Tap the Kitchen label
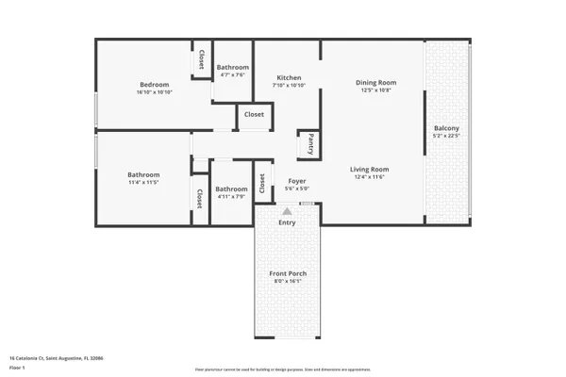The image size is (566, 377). (x=289, y=77)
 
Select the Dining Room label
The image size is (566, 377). (x=375, y=83)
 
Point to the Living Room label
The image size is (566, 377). (x=371, y=170)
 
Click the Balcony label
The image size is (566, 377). (x=446, y=128)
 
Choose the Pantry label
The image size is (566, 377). (x=310, y=144)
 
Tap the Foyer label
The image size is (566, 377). (x=296, y=181)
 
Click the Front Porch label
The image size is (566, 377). (x=289, y=273)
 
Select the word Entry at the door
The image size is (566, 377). (x=287, y=222)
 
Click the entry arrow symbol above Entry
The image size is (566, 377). (x=287, y=213)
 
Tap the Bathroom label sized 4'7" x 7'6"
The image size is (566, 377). (x=232, y=68)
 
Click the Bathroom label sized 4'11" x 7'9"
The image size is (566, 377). (x=230, y=188)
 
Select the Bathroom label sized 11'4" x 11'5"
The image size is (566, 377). (x=143, y=174)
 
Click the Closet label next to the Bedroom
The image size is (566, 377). (x=201, y=59)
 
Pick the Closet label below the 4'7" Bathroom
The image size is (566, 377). (x=254, y=114)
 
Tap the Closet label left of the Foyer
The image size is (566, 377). (x=261, y=183)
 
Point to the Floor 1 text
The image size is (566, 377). (x=17, y=367)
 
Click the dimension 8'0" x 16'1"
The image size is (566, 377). (x=289, y=281)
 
